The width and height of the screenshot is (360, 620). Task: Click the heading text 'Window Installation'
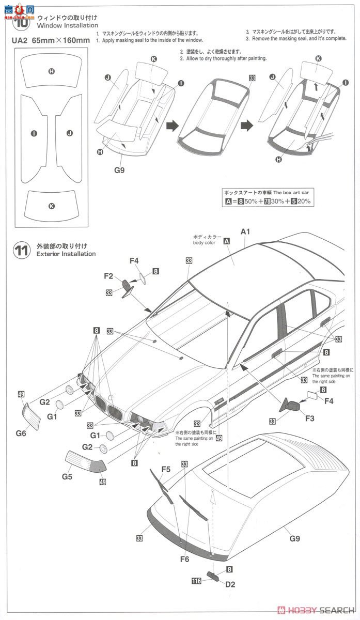(67, 25)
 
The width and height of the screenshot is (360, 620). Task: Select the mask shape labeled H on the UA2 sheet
(51, 71)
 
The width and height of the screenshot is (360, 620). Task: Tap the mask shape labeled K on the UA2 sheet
(51, 205)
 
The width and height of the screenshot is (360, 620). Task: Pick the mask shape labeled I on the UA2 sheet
(34, 133)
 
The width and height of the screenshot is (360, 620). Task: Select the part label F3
(309, 418)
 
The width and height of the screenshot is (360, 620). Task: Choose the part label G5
(67, 476)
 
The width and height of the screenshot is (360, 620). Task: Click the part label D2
(230, 584)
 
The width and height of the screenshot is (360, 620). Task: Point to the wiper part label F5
(165, 469)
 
